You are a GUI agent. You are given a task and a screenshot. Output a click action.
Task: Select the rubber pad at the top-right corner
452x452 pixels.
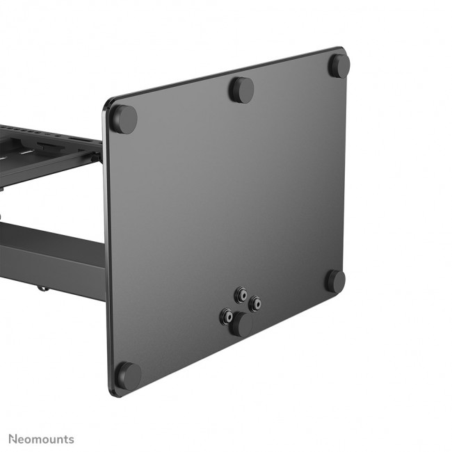pos(339,65)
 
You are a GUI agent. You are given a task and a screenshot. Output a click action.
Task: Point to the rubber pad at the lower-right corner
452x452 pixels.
pos(335,280)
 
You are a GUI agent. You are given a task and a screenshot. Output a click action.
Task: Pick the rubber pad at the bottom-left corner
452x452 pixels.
pos(128,376)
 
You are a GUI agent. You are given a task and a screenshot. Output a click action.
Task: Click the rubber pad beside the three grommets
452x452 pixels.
pos(242,323)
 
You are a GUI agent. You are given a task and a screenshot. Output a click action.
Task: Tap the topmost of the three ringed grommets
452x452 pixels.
pos(241,296)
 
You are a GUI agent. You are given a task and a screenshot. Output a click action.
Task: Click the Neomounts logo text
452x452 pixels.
pos(41,439)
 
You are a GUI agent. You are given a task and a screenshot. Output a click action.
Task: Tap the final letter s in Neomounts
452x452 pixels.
pos(71,439)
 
